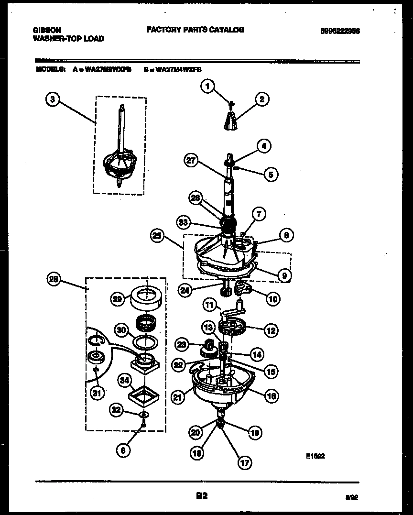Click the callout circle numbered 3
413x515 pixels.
point(53,99)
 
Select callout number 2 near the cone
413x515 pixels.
point(261,99)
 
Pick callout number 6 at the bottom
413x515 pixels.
point(123,450)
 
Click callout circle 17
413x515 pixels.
point(244,463)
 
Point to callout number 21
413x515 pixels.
point(178,396)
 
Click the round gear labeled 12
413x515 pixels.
point(231,329)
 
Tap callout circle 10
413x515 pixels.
point(272,300)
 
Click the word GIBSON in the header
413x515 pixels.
point(47,30)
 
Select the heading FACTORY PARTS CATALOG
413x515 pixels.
point(195,30)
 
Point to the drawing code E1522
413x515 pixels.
point(315,456)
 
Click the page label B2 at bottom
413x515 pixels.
point(202,496)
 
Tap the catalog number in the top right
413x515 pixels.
point(340,30)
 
